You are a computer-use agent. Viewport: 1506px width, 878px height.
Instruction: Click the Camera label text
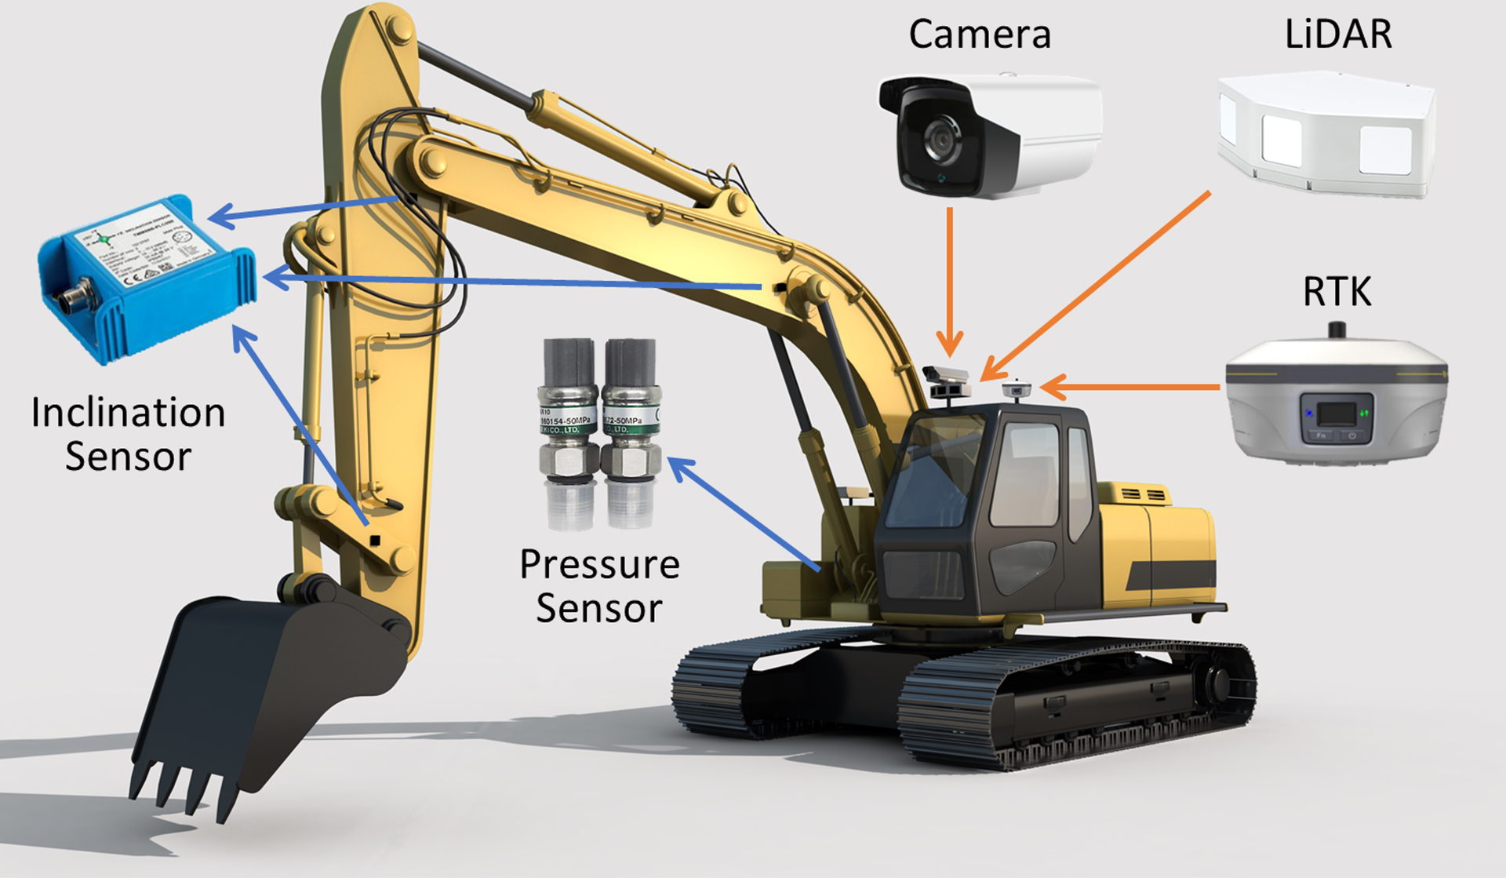coord(980,35)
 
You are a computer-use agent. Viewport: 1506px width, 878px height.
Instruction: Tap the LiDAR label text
coord(1338,35)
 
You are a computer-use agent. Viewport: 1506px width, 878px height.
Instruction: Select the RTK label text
coord(1337,292)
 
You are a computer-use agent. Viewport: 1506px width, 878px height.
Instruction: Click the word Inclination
coord(129,413)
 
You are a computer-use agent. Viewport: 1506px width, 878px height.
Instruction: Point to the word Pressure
coord(599,565)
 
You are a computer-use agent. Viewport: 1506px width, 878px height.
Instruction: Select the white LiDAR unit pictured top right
coord(1326,133)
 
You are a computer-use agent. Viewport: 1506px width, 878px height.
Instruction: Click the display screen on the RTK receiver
coord(1335,413)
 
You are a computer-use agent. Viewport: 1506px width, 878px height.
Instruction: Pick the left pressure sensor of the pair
coord(568,432)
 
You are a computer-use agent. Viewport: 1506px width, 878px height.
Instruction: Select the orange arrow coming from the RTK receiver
coord(1129,387)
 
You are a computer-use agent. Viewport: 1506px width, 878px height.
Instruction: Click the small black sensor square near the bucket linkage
coord(375,540)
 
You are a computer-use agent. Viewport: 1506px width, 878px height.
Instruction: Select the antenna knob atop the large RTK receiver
coord(1337,329)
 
